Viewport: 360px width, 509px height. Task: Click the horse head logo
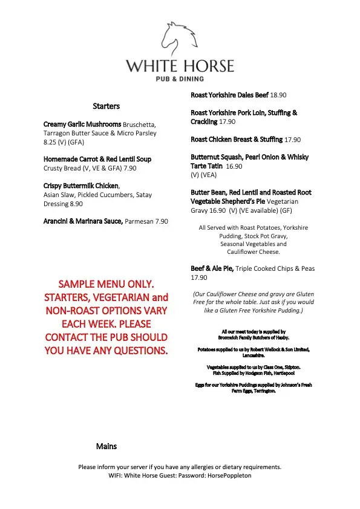180,38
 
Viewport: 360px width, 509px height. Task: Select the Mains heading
106,446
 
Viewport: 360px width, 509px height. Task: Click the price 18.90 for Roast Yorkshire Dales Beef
278,96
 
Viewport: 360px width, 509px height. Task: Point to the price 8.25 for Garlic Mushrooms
51,142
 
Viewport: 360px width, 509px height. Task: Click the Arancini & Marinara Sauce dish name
83,221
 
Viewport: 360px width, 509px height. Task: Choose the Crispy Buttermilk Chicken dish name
81,186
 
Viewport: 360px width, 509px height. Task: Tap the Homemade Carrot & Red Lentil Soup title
97,159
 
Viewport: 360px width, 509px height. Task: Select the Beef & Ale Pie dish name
212,268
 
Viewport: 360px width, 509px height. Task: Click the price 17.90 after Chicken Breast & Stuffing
292,140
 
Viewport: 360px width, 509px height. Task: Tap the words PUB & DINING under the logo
180,78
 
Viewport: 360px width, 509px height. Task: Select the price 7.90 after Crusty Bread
131,168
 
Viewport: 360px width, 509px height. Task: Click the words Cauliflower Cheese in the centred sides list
253,251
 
